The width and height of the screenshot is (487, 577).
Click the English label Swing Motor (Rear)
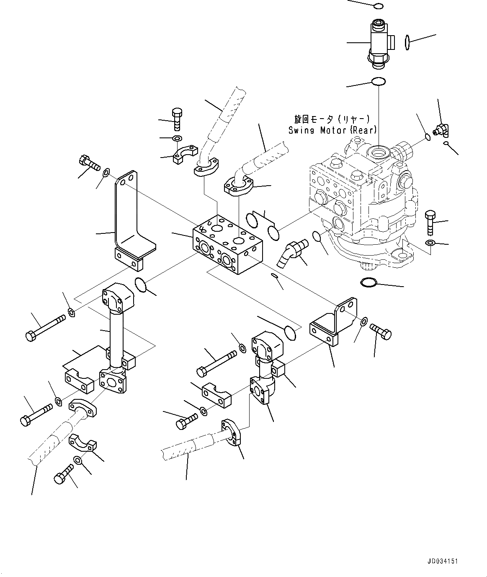click(x=332, y=130)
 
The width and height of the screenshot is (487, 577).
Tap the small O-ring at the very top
click(x=378, y=6)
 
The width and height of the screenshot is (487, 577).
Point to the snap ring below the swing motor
click(x=368, y=283)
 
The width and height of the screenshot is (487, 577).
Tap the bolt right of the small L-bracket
click(x=381, y=333)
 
